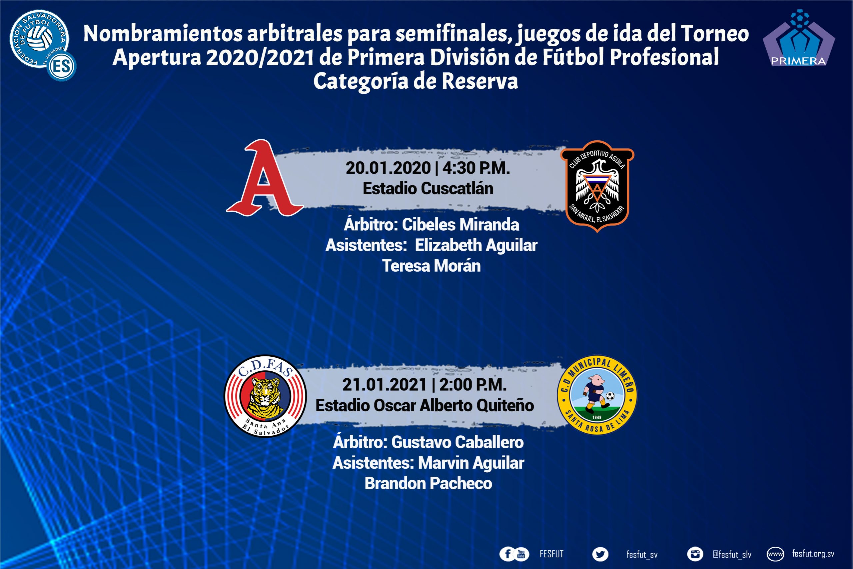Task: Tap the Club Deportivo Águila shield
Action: tap(597, 186)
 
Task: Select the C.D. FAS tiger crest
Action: tap(265, 396)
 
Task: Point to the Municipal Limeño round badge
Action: tap(597, 395)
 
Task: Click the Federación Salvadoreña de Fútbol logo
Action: tap(43, 44)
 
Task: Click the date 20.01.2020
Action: tap(388, 168)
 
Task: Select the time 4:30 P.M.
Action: tap(476, 168)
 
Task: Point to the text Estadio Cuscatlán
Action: tap(428, 188)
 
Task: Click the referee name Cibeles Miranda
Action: tap(460, 225)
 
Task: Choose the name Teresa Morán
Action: tap(431, 266)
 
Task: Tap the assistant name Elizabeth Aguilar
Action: tap(476, 245)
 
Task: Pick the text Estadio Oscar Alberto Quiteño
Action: tap(425, 405)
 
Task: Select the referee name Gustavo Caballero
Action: tap(457, 442)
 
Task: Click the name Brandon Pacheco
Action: tap(428, 483)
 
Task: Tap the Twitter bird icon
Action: tap(600, 554)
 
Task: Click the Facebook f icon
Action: tap(508, 554)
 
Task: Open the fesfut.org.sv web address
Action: tap(813, 554)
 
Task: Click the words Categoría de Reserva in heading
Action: tap(416, 81)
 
